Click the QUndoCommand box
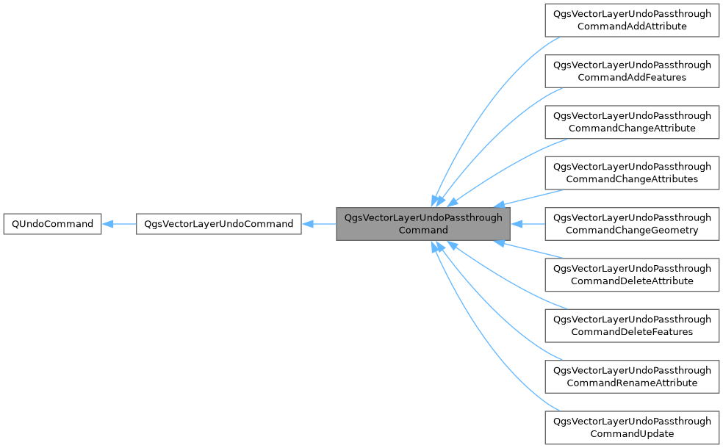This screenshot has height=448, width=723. pos(51,224)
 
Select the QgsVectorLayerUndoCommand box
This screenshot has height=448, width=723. pos(218,224)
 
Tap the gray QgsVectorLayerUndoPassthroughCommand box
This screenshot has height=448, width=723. pos(422,224)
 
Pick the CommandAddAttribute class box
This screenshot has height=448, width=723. pos(632,20)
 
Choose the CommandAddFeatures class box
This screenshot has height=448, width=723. pos(632,71)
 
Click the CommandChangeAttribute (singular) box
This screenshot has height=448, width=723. pos(632,122)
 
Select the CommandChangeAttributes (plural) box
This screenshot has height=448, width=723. pos(632,173)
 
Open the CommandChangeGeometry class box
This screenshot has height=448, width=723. pos(632,224)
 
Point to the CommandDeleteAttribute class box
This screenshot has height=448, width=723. pos(632,275)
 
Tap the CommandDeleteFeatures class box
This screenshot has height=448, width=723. pos(632,325)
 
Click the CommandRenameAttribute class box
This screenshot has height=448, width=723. pos(632,376)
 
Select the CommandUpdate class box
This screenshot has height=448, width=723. pos(632,427)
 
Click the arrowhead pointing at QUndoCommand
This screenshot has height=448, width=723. pos(107,224)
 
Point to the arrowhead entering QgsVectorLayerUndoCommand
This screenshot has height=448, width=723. pos(308,224)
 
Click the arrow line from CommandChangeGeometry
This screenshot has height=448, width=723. pos(530,224)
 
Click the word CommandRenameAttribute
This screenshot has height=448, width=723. pos(632,383)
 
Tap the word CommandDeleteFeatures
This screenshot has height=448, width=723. pos(632,332)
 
